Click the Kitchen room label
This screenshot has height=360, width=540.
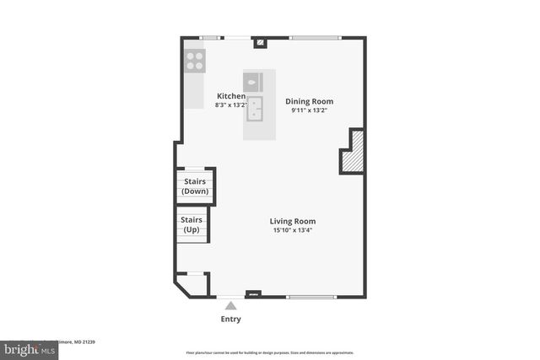coord(231,96)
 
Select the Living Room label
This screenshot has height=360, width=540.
coord(293,221)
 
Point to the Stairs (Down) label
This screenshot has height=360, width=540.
coord(195,185)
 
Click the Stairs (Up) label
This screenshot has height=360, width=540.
coord(192,224)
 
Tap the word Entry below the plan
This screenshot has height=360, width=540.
coord(230,320)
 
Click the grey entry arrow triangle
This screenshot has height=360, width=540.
coord(230,305)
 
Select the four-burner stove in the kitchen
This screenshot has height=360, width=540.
coord(195,60)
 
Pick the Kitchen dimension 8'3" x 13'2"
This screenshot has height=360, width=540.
coord(231,106)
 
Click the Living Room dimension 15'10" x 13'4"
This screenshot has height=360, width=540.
coord(293,230)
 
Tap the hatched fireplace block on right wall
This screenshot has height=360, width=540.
coord(354,152)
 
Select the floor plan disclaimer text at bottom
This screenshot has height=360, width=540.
coord(269,352)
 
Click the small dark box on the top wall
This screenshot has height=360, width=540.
coord(261,40)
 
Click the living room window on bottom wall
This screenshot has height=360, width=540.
coord(311,296)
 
